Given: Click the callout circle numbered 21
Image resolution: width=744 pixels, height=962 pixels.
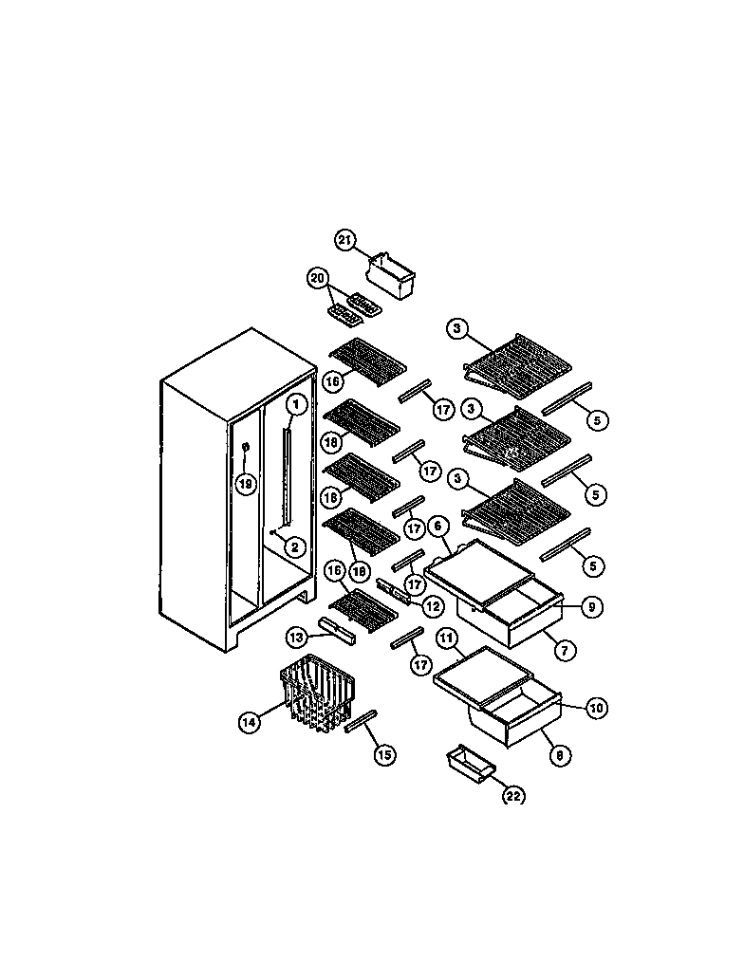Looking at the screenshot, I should point(345,241).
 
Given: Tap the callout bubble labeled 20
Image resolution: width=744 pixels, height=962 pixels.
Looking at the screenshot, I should point(317,278).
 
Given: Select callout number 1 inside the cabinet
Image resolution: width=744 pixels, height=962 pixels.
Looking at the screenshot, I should point(296,404).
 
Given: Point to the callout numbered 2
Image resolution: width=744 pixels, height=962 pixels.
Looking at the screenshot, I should point(294,546).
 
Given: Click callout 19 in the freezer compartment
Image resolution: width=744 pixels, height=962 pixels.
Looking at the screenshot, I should point(246,484).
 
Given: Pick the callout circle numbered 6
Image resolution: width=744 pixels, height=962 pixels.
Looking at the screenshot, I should point(437,526).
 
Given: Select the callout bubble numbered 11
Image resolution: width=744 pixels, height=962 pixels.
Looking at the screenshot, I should point(446,638).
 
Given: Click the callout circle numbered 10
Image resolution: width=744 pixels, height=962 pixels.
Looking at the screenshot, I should point(596,708).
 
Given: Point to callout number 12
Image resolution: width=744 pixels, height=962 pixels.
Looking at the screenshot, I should point(433,604).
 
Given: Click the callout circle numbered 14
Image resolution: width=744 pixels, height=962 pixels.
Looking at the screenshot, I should point(249,722).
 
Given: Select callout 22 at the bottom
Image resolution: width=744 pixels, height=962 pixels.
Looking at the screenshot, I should point(512,796).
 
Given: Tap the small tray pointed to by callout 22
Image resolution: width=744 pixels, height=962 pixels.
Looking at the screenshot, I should point(469,763).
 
